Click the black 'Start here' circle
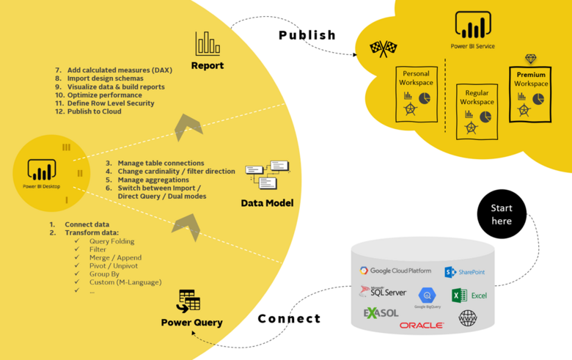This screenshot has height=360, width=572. [502, 214]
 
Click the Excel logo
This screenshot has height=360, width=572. [469, 295]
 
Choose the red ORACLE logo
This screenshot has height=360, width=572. [421, 325]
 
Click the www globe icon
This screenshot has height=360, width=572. [467, 318]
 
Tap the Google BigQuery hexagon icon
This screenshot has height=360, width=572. [427, 295]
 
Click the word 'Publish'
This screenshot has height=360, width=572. [307, 35]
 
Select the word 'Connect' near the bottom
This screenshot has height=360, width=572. [289, 319]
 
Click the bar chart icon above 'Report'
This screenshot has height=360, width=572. [208, 44]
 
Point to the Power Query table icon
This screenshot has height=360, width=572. [189, 301]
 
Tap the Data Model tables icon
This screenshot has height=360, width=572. [267, 174]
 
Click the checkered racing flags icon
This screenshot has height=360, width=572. [383, 48]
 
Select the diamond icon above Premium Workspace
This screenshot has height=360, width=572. [531, 59]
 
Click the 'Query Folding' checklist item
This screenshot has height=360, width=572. [111, 241]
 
